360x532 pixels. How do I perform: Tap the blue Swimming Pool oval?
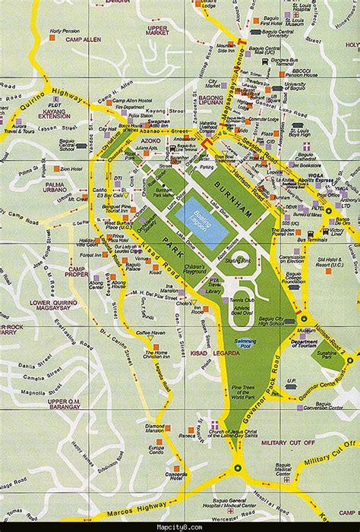coord(245,342)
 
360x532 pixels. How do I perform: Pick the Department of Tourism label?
coord(304,344)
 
